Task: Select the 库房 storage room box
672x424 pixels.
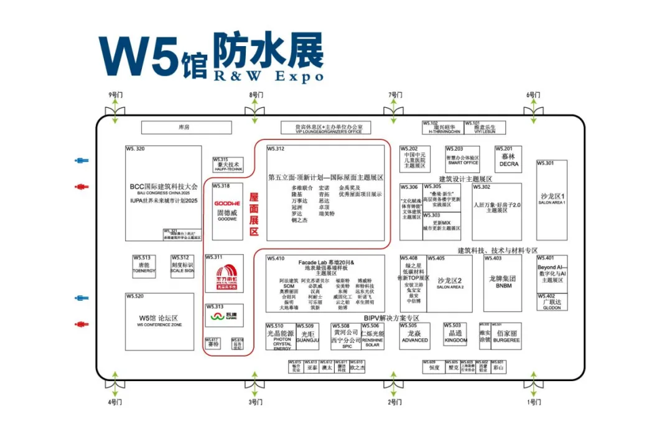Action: [x=183, y=128]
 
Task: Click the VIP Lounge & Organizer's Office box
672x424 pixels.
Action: [x=325, y=128]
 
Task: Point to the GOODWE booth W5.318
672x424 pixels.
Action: [x=227, y=211]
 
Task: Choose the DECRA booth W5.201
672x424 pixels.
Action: [x=508, y=159]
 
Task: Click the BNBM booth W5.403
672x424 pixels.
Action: [x=503, y=281]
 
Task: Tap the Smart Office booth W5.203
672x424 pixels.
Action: [x=462, y=159]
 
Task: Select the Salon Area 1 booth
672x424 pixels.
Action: [x=552, y=199]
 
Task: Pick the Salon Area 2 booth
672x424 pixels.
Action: [x=450, y=283]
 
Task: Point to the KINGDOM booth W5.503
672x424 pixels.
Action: [x=455, y=336]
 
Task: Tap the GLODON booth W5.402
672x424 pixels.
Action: [x=551, y=303]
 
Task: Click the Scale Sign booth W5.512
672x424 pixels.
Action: [x=182, y=268]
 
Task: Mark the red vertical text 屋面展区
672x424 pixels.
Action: [x=254, y=214]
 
